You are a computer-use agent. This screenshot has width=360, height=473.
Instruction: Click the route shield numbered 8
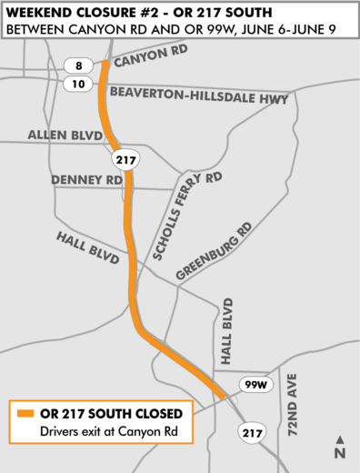[78, 65]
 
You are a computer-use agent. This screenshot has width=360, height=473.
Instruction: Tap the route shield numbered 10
[78, 84]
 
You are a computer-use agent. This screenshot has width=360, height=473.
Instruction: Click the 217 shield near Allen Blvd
[124, 159]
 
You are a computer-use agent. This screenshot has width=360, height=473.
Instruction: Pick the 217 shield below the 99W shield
[254, 433]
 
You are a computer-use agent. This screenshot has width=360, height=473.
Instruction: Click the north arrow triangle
[339, 439]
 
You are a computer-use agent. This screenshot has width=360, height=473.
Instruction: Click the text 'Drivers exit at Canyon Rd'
[102, 430]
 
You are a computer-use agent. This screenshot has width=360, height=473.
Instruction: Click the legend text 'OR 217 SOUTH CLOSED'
[116, 412]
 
